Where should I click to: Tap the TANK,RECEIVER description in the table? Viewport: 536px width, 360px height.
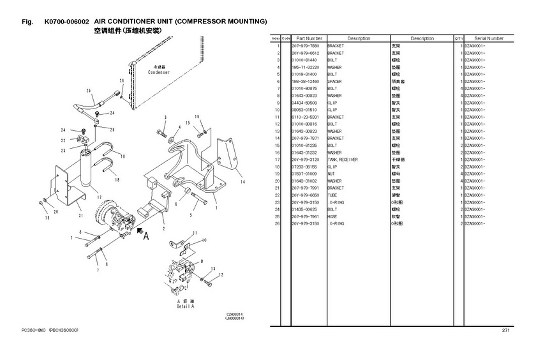tap(343, 160)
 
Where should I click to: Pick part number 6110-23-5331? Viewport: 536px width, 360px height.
tap(304, 117)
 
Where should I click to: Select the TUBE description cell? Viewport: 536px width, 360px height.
tap(332, 195)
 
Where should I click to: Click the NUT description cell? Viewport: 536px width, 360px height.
tap(331, 174)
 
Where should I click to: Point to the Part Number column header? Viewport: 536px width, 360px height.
tap(309, 38)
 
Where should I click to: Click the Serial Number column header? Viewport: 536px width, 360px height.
tap(488, 38)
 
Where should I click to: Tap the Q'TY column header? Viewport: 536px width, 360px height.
tap(458, 38)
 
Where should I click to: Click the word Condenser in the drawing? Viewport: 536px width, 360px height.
tap(159, 73)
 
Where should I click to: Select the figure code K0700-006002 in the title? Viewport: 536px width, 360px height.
tap(67, 22)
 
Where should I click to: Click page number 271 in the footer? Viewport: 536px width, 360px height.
tap(506, 330)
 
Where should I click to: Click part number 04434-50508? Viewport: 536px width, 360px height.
tap(304, 103)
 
